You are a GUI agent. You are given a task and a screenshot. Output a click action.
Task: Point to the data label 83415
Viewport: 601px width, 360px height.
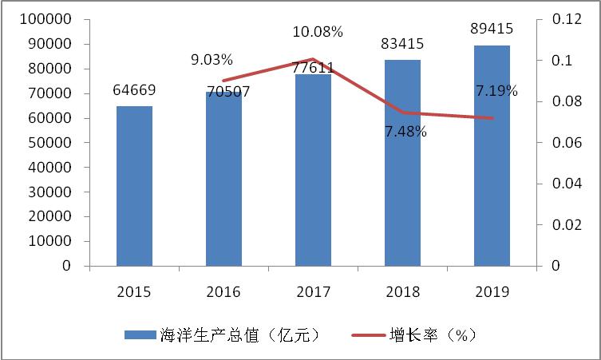click(x=402, y=44)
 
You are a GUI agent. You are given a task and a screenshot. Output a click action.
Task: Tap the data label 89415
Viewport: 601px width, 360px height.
click(x=492, y=30)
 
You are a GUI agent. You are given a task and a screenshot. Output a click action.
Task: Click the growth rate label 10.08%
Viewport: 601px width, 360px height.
click(x=317, y=32)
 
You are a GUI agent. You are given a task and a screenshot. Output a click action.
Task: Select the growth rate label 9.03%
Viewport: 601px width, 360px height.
click(x=212, y=59)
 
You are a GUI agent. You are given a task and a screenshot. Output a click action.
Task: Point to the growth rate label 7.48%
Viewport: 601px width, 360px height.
click(x=404, y=131)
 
